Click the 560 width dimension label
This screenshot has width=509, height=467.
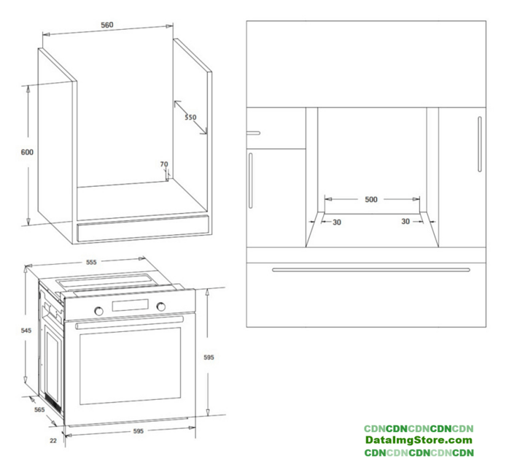click(106, 25)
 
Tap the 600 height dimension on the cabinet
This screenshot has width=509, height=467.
click(27, 152)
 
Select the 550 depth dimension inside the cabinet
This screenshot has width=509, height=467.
click(190, 117)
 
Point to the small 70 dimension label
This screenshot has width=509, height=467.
click(164, 164)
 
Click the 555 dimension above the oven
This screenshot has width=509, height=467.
click(91, 262)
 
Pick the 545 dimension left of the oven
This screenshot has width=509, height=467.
click(26, 331)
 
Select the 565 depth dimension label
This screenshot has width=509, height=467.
click(39, 409)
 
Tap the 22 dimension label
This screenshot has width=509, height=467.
click(53, 441)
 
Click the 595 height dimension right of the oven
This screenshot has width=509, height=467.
click(209, 358)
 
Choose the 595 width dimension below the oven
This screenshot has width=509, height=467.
click(139, 431)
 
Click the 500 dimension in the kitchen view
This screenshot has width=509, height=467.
click(371, 199)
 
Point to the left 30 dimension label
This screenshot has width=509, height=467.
click(337, 223)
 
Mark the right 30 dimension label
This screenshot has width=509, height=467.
click(405, 222)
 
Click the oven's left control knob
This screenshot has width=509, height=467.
click(98, 311)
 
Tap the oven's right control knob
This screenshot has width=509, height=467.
click(160, 306)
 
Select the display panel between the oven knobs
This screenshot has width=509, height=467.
click(131, 305)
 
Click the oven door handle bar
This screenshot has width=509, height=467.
click(130, 322)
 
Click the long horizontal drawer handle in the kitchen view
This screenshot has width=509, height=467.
click(371, 269)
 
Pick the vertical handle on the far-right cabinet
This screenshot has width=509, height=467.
click(480, 144)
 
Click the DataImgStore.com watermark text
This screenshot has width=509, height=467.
click(419, 441)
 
